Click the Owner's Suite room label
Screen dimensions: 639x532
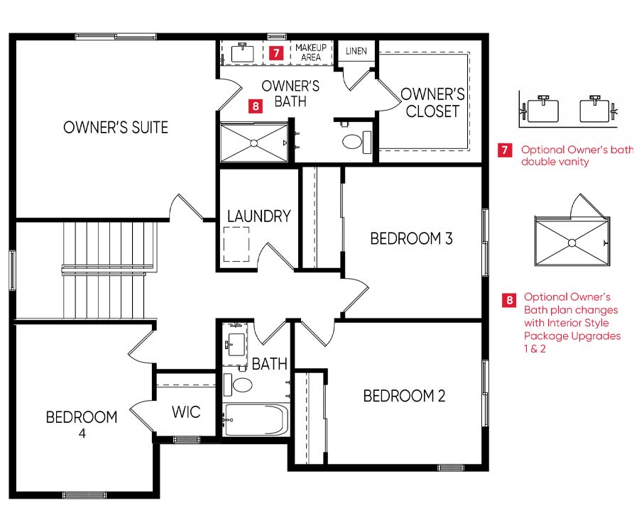click(x=116, y=128)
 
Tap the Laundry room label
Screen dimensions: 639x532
click(x=258, y=216)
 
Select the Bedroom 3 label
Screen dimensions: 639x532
click(x=411, y=238)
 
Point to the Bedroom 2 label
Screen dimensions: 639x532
click(x=404, y=396)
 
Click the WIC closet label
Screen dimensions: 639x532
click(x=186, y=412)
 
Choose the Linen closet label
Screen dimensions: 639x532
click(x=356, y=51)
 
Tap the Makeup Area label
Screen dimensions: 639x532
click(x=311, y=52)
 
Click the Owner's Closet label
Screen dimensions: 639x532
click(x=432, y=103)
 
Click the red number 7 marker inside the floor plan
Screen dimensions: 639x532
click(x=276, y=52)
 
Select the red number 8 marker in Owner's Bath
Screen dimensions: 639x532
click(x=256, y=106)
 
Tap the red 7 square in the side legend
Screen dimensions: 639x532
click(x=505, y=150)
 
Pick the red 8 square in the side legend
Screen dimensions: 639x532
click(x=509, y=300)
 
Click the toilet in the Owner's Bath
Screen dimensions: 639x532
click(x=356, y=142)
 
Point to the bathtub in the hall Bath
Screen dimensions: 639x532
click(x=256, y=420)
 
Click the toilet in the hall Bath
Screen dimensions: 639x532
click(x=238, y=384)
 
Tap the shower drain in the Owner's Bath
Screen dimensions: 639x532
click(x=254, y=143)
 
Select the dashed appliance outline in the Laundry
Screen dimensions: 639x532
click(x=236, y=244)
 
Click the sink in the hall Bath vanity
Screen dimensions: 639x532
click(x=236, y=344)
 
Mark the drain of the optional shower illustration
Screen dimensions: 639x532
click(x=572, y=243)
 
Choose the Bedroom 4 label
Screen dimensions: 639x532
click(x=82, y=424)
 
